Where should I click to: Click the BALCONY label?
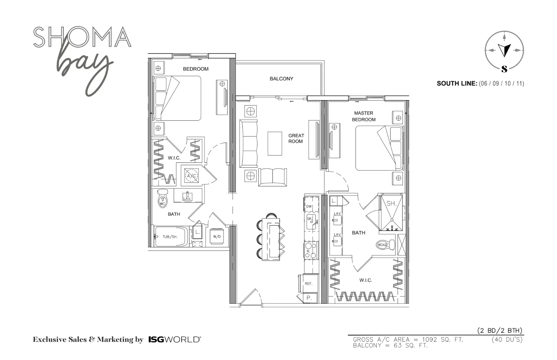(282, 79)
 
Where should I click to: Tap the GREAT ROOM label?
(296, 138)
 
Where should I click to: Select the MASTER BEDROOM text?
(363, 116)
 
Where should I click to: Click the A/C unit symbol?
(191, 175)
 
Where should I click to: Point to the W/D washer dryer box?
(217, 237)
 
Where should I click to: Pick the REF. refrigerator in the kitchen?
(309, 283)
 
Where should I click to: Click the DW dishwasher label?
(308, 207)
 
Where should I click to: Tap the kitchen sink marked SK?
(311, 222)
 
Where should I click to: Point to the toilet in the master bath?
(385, 245)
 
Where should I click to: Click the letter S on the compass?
(504, 69)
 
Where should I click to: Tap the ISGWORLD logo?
(175, 339)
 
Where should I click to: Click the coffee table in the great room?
(275, 144)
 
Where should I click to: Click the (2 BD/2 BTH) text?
(500, 331)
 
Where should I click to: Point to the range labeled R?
(311, 251)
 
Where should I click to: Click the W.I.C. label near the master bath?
(366, 280)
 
